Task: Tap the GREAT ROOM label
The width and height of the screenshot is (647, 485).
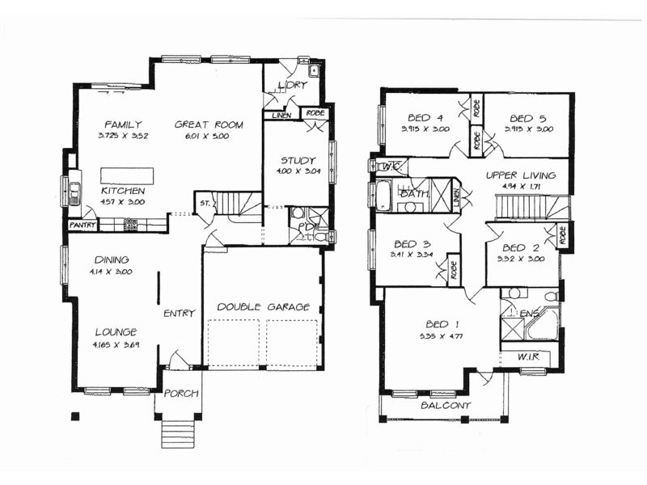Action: click(202, 124)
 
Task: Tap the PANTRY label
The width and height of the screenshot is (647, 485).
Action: click(82, 224)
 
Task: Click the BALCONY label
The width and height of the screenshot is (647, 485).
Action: click(445, 406)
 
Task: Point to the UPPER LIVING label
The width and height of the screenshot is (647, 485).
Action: click(521, 175)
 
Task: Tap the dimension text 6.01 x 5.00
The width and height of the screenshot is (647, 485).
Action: click(202, 137)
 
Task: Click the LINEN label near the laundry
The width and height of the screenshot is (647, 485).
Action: click(281, 116)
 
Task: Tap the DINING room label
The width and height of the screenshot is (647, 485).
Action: click(112, 259)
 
